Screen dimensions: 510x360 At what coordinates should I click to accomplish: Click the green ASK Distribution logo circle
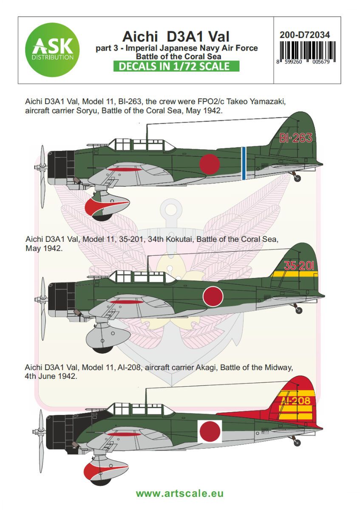coord(52,49)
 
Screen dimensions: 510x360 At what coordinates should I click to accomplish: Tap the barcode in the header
coord(308,53)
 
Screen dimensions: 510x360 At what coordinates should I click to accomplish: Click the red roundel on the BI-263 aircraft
coord(210,164)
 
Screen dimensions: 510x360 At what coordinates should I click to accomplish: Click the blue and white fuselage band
coord(244,163)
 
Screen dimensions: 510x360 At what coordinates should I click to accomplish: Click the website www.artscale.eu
coord(180,493)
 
